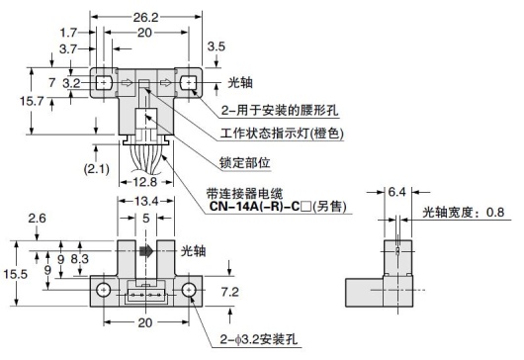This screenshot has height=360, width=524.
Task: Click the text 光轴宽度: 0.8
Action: point(470,211)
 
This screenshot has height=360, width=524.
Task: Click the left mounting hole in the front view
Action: point(102,290)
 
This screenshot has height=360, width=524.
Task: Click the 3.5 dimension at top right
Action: point(215,45)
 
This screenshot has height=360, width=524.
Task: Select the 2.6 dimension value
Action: point(37,218)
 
